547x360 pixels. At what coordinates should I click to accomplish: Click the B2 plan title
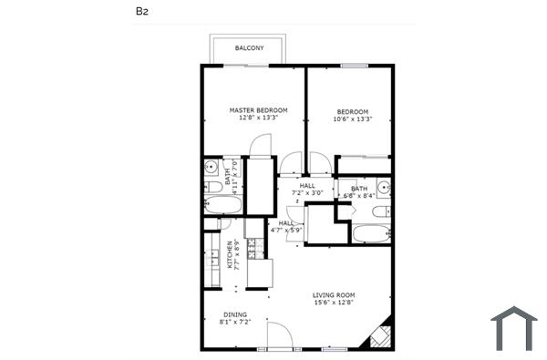pos(141,12)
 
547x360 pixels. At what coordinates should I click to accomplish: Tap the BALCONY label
pos(248,47)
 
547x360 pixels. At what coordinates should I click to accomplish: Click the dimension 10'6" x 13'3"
pos(352,118)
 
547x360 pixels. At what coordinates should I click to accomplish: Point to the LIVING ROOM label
pos(334,295)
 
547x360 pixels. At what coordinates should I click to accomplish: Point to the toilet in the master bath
pos(210,187)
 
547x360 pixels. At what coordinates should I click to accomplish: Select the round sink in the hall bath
pos(385,189)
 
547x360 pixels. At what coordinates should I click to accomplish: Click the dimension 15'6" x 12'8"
pos(334,303)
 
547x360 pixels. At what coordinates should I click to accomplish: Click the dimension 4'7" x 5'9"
pos(286,231)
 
